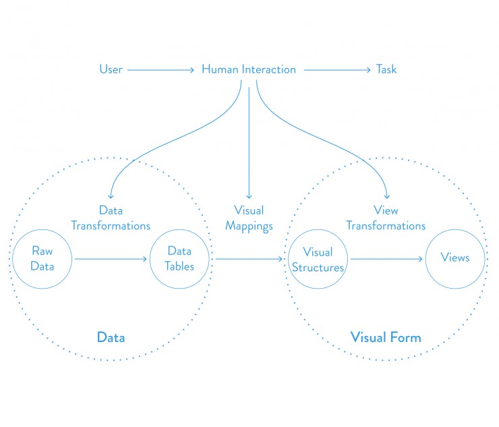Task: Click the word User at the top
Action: (111, 69)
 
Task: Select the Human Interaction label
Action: (249, 69)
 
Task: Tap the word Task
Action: (386, 69)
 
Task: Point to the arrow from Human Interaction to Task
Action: (336, 69)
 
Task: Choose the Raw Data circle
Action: (42, 258)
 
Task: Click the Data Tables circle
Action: (180, 258)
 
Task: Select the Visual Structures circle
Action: (318, 259)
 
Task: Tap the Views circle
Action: (454, 258)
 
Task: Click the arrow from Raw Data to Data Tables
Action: (111, 258)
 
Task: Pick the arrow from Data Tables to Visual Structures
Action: (249, 258)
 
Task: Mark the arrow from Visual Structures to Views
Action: (386, 258)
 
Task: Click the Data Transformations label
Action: (111, 218)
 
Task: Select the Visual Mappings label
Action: (249, 218)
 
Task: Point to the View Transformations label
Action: (386, 218)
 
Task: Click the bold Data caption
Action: (111, 337)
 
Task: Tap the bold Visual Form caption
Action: (386, 337)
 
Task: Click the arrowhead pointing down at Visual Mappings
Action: (249, 194)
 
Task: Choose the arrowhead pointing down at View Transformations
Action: (386, 194)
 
